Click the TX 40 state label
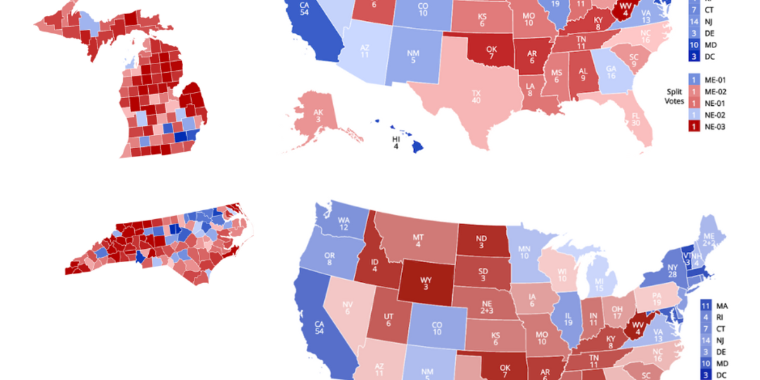tap(476, 97)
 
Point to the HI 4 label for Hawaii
tap(396, 142)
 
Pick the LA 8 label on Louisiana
tap(529, 89)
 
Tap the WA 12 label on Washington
tap(344, 222)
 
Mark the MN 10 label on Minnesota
tap(524, 252)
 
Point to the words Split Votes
tap(674, 96)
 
